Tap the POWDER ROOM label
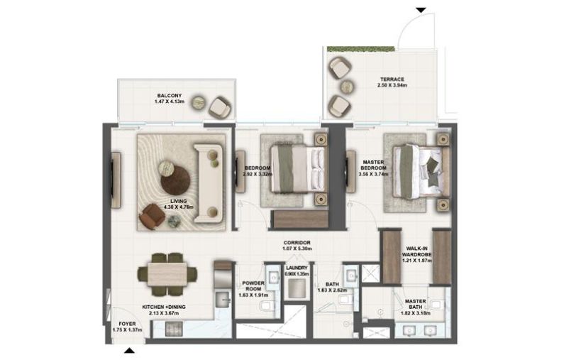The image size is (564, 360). [x=253, y=287]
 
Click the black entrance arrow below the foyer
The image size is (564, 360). [x=129, y=350]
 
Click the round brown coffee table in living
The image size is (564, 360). [x=175, y=180]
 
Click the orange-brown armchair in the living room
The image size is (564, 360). [x=151, y=216]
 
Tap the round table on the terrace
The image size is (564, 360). [x=347, y=87]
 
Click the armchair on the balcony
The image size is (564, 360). [x=219, y=107]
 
